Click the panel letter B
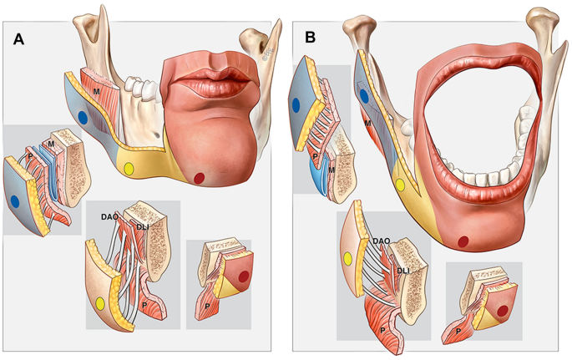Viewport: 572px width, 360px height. coord(311,38)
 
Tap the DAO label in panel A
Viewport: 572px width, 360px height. coord(109,217)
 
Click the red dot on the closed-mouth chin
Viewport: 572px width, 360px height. coord(199,177)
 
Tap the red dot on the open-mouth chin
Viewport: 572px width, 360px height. coord(464,242)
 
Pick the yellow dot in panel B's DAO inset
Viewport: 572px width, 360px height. coord(347,260)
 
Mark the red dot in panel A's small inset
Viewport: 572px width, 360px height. coord(243,274)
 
